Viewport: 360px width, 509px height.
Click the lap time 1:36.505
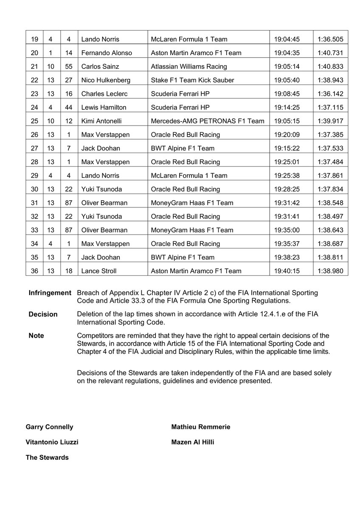(x=330, y=39)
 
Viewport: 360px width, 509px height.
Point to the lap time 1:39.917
(x=330, y=121)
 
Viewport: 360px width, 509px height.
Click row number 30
(x=34, y=189)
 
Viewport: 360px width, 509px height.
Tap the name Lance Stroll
(x=99, y=271)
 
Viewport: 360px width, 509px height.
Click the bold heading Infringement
(x=50, y=293)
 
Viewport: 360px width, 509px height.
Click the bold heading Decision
(x=43, y=314)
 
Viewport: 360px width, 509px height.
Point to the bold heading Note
(x=36, y=336)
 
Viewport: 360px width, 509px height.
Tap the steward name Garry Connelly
(x=49, y=427)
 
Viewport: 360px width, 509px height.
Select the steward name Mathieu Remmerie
(x=200, y=427)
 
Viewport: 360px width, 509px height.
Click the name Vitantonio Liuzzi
(x=52, y=442)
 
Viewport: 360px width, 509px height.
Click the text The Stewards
(x=47, y=457)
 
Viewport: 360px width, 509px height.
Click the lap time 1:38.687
(x=330, y=244)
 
